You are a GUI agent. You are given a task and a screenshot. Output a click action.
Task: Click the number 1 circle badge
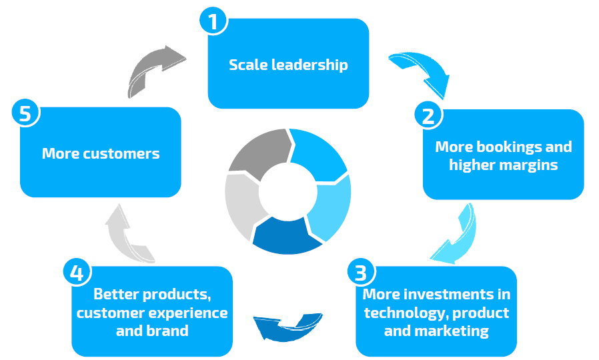[213, 21]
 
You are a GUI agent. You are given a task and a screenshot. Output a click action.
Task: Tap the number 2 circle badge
[428, 115]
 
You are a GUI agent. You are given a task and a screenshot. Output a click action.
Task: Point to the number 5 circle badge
[25, 114]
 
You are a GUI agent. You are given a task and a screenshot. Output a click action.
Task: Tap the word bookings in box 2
[502, 147]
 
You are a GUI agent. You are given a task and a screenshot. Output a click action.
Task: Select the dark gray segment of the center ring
[257, 151]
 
